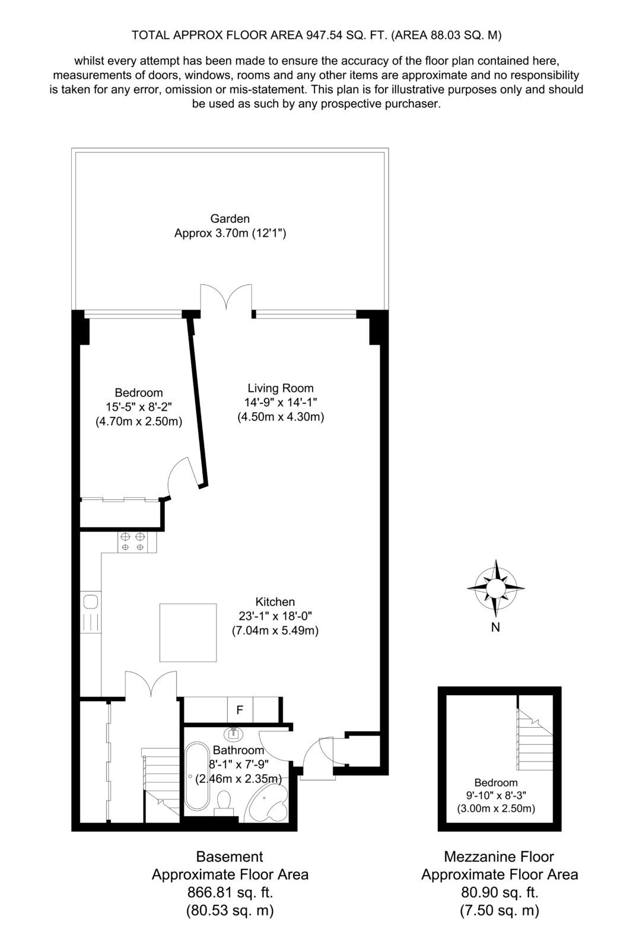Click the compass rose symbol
(x=495, y=588)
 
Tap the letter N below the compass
(x=495, y=628)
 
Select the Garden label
(x=230, y=219)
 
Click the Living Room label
(x=281, y=388)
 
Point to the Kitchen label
(x=275, y=601)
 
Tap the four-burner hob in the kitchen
(x=132, y=542)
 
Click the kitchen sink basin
(x=91, y=601)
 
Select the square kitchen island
(x=188, y=632)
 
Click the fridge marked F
(x=240, y=709)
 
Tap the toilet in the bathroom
(x=224, y=803)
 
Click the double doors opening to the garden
(x=226, y=299)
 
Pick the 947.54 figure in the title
(x=324, y=35)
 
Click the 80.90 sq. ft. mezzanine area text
(x=500, y=893)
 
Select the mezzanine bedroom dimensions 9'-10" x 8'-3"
(x=496, y=795)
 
